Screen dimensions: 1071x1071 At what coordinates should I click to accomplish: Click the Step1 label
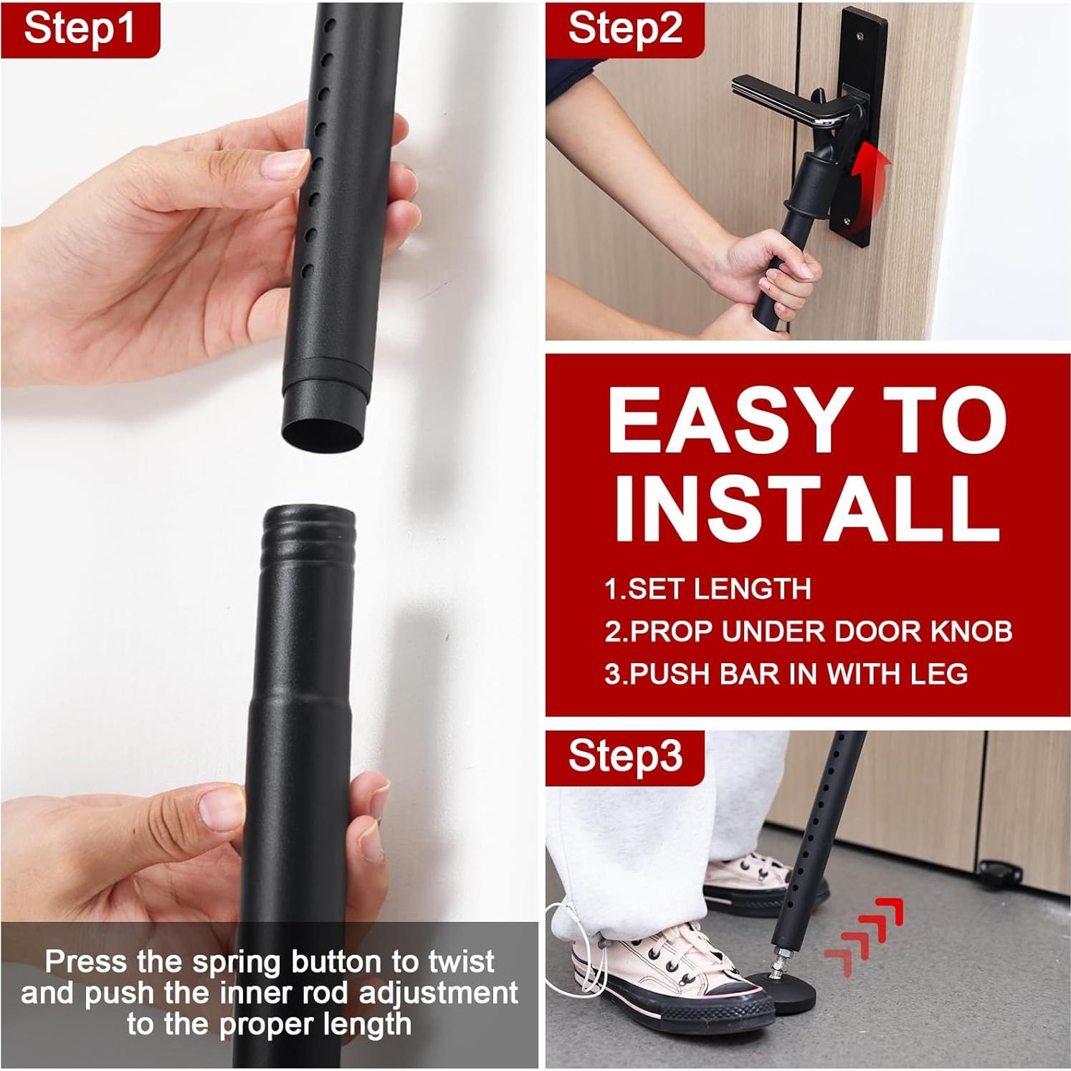pyautogui.click(x=79, y=29)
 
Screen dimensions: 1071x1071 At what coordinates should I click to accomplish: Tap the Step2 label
pyautogui.click(x=624, y=29)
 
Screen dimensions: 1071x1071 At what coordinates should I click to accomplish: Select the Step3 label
pyautogui.click(x=624, y=756)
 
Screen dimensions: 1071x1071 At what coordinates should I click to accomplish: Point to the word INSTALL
pyautogui.click(x=806, y=508)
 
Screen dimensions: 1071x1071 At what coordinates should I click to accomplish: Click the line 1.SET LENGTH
pyautogui.click(x=708, y=589)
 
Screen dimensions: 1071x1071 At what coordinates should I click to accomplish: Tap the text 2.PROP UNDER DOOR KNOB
pyautogui.click(x=808, y=632)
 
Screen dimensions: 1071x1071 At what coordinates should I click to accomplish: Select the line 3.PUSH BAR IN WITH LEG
pyautogui.click(x=786, y=674)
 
